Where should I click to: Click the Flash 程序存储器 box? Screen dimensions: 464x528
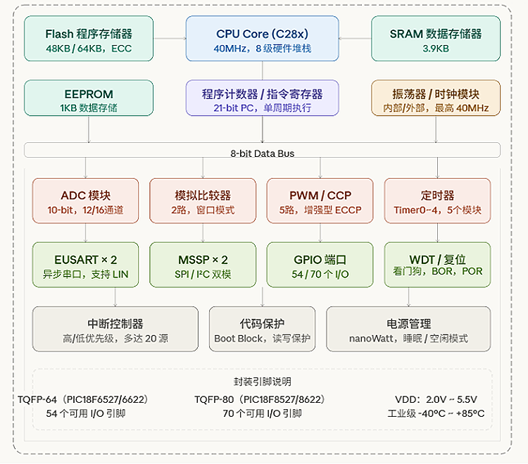tap(89, 39)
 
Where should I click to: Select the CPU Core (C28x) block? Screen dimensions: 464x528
tap(263, 39)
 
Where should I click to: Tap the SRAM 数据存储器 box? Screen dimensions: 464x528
tap(436, 39)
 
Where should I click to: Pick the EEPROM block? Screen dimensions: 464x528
tap(89, 99)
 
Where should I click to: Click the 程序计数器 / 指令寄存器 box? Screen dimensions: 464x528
tap(262, 99)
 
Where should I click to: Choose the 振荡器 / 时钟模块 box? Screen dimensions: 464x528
tap(436, 99)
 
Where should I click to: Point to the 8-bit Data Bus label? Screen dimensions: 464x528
tap(262, 153)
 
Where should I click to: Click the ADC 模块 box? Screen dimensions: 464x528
tap(86, 201)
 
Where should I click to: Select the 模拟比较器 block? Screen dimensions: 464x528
tap(203, 201)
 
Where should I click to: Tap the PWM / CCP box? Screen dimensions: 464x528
tap(320, 201)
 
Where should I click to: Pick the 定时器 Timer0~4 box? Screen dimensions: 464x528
tap(437, 201)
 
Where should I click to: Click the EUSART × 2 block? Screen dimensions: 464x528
tap(86, 265)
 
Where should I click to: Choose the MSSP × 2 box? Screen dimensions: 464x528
tap(203, 265)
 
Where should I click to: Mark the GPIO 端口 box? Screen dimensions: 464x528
tap(320, 265)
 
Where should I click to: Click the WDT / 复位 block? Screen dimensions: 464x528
tap(437, 265)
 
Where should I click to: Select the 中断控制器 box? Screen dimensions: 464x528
tap(115, 330)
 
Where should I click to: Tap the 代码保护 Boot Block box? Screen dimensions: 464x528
tap(262, 330)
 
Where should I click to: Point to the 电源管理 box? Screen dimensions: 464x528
tap(408, 330)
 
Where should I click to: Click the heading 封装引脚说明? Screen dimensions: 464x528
tap(262, 382)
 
